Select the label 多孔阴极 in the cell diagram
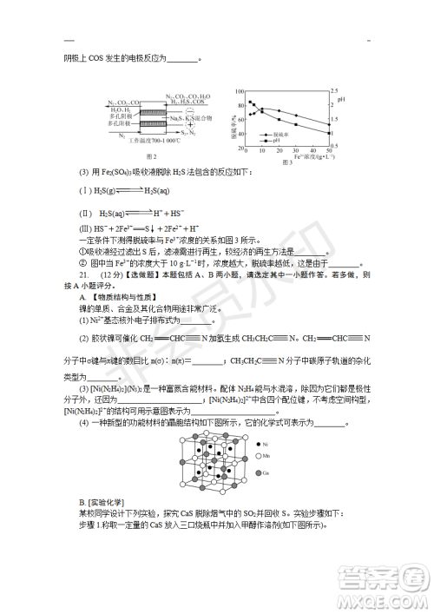pyautogui.click(x=120, y=117)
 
